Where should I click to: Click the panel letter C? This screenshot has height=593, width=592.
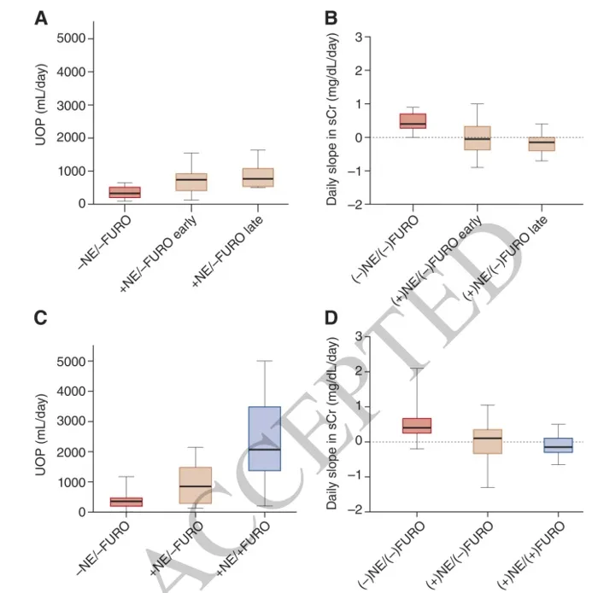pos(40,317)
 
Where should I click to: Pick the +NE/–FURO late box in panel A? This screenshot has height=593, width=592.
pos(258,177)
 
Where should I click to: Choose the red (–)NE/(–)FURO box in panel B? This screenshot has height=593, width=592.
pos(413,121)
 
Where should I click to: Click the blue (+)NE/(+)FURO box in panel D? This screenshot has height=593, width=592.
pos(559,445)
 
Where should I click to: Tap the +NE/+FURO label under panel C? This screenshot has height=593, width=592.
pos(243,549)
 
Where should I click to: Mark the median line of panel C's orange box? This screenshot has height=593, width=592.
pos(195,486)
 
